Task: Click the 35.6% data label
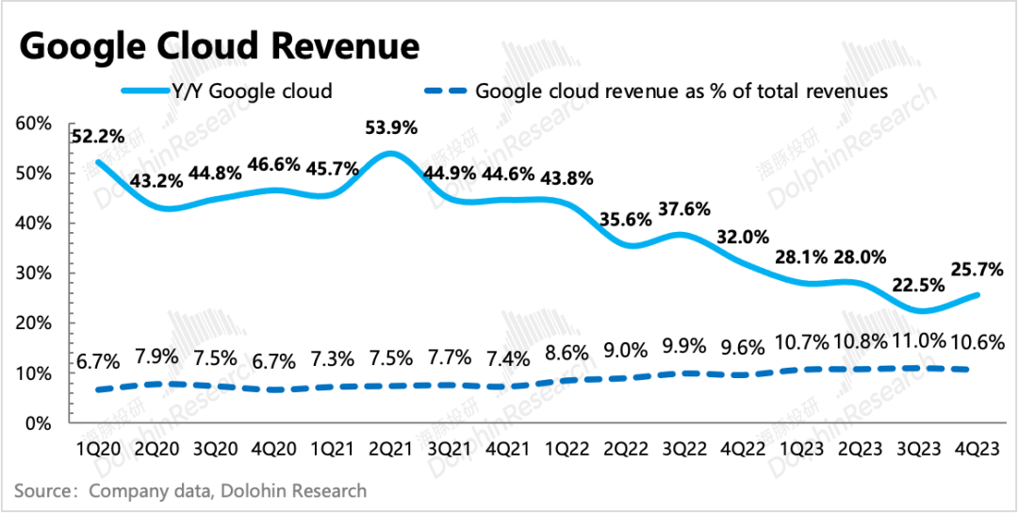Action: [627, 222]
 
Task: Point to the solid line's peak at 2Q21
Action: [389, 153]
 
